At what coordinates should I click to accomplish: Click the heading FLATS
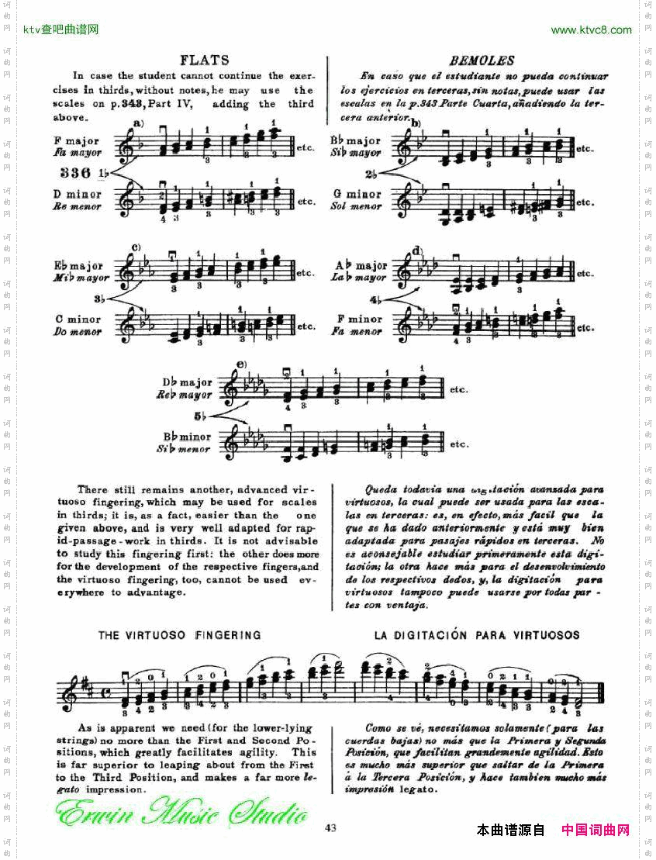point(204,60)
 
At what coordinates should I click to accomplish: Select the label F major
point(78,141)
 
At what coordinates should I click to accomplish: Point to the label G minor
point(358,195)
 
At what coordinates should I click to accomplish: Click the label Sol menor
point(356,207)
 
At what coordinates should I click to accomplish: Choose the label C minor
point(78,319)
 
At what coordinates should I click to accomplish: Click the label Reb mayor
point(185,395)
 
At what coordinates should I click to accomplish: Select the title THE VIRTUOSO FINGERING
point(179,635)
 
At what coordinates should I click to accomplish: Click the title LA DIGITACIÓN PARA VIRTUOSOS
point(476,635)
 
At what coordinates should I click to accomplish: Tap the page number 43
point(330,827)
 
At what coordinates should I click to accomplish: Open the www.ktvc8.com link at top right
point(591,30)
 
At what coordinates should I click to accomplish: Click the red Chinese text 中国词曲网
point(595,831)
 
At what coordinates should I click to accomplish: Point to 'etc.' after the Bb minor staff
point(460,444)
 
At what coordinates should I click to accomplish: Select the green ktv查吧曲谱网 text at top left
point(61,30)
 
